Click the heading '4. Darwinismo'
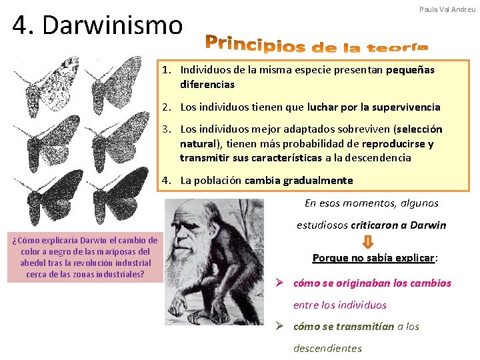pos(97,25)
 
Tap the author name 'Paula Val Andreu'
pos(447,9)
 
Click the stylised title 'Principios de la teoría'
pos(317,43)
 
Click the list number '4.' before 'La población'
pos(167,180)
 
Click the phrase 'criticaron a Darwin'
pos(398,225)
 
